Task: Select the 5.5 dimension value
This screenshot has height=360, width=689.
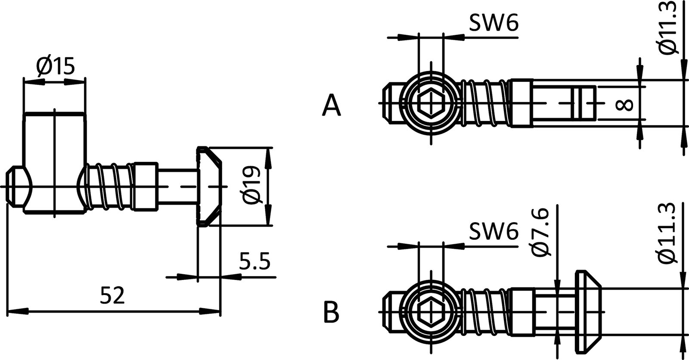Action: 254,262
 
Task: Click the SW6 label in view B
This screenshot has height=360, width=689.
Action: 493,233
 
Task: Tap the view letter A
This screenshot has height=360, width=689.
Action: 331,106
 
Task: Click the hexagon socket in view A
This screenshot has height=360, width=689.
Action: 431,104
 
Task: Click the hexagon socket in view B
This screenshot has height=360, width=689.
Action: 431,311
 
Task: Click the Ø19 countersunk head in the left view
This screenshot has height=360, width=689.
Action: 209,186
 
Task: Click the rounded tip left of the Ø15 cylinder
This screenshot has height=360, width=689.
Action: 17,186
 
